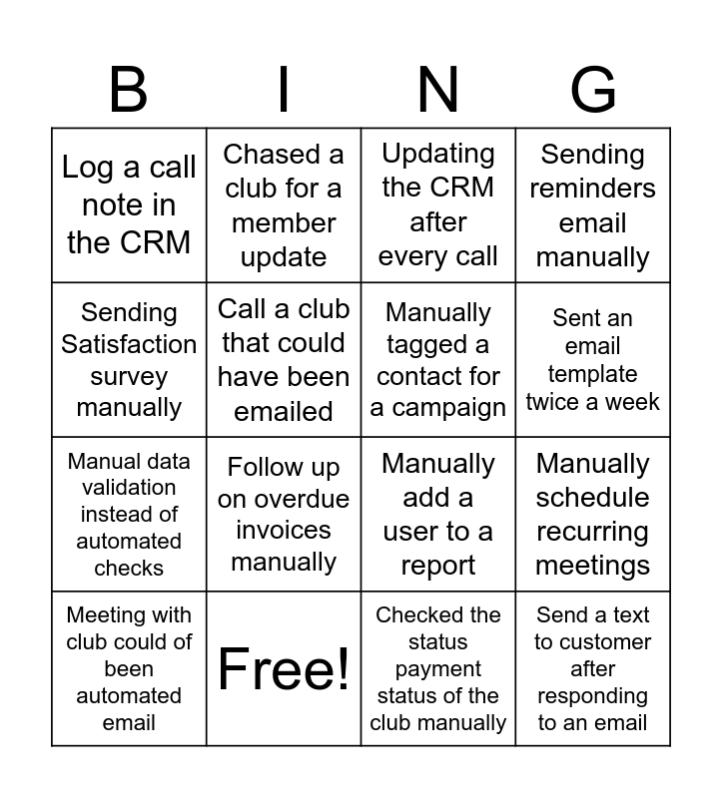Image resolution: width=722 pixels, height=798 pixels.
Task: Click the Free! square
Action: tap(284, 668)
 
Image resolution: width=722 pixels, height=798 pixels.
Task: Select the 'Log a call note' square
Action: tap(129, 205)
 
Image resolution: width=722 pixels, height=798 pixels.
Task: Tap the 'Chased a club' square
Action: tap(284, 205)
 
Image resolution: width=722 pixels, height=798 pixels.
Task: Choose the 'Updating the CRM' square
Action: tap(438, 205)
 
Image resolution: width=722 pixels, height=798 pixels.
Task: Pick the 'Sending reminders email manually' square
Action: tap(593, 205)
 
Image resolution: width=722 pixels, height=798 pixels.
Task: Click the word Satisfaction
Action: tap(129, 344)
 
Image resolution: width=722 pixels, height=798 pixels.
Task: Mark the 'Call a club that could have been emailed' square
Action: tap(284, 360)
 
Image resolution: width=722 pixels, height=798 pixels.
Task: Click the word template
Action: tap(593, 374)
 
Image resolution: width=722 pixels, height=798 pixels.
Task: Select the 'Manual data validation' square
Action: tap(129, 515)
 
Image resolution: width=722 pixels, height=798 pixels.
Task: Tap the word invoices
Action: tap(284, 531)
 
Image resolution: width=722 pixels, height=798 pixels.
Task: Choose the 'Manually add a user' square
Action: tap(438, 515)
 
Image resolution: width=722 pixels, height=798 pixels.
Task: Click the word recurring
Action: tap(593, 532)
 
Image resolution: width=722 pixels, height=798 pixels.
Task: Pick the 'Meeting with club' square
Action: tap(129, 668)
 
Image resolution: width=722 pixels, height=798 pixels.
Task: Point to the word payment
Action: tap(438, 669)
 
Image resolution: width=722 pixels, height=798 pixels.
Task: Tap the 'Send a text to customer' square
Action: tap(593, 668)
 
